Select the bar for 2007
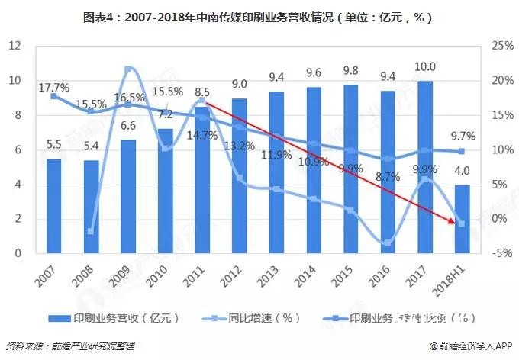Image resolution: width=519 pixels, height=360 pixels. pyautogui.click(x=53, y=206)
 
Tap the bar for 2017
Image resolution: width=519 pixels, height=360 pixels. pyautogui.click(x=425, y=168)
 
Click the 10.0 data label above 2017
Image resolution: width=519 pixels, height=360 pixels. pyautogui.click(x=425, y=67)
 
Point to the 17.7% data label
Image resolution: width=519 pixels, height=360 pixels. pyautogui.click(x=54, y=86)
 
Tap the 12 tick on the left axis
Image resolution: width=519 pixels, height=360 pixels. pyautogui.click(x=15, y=46)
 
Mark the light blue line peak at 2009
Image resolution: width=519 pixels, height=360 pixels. pyautogui.click(x=128, y=69)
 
